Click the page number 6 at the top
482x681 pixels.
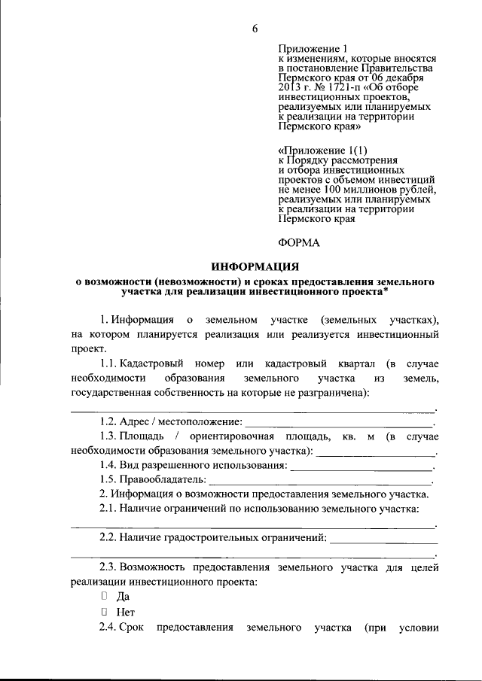tap(255, 29)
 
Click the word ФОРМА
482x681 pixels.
tap(299, 242)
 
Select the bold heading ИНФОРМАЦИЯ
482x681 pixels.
tap(255, 266)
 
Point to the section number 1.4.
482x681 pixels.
tap(111, 466)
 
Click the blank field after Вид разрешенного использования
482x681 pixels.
tap(361, 466)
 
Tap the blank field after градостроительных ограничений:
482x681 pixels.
tap(383, 538)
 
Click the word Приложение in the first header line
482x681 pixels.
tap(307, 47)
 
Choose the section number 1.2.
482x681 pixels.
tap(111, 422)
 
